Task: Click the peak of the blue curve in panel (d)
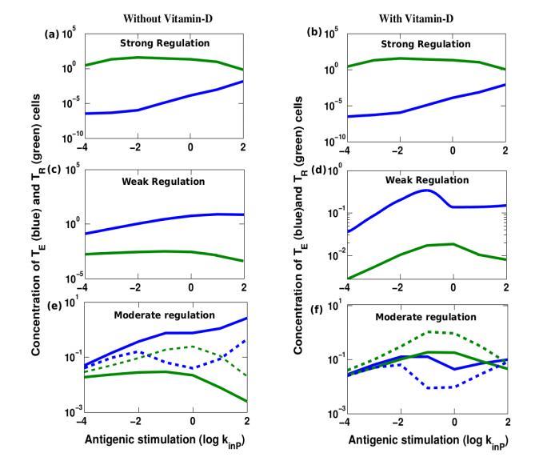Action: tap(426, 190)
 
